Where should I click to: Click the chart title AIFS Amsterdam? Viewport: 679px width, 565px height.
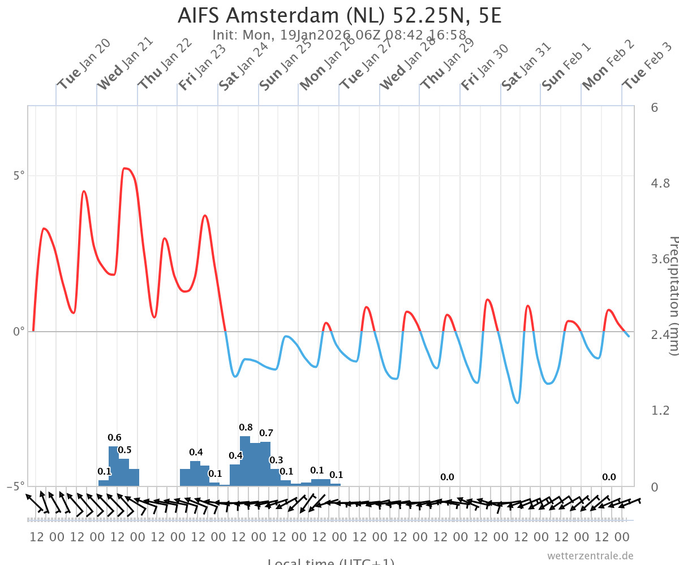[x=339, y=15]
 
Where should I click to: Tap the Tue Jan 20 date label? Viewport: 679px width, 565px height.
[x=84, y=64]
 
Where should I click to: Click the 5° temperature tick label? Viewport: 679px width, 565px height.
[x=19, y=176]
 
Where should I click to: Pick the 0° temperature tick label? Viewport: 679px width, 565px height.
[x=19, y=331]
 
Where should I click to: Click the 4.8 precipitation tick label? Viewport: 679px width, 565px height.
[x=661, y=183]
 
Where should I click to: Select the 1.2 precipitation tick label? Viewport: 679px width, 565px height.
[x=661, y=410]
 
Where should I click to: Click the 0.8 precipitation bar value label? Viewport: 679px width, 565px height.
[x=246, y=427]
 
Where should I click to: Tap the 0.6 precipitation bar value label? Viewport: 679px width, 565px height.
[x=114, y=437]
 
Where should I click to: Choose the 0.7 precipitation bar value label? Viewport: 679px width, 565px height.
[x=266, y=433]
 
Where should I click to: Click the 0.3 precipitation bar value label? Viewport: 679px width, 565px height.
[x=276, y=460]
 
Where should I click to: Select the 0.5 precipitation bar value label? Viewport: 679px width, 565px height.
[x=124, y=450]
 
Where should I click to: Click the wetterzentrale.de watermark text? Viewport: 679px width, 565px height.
[x=590, y=555]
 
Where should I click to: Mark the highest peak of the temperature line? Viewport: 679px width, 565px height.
[x=125, y=168]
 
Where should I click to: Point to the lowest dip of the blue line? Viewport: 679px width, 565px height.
[x=517, y=403]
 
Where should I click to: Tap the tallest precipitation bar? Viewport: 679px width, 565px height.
[x=245, y=460]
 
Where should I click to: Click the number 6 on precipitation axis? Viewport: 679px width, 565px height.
[x=655, y=107]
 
